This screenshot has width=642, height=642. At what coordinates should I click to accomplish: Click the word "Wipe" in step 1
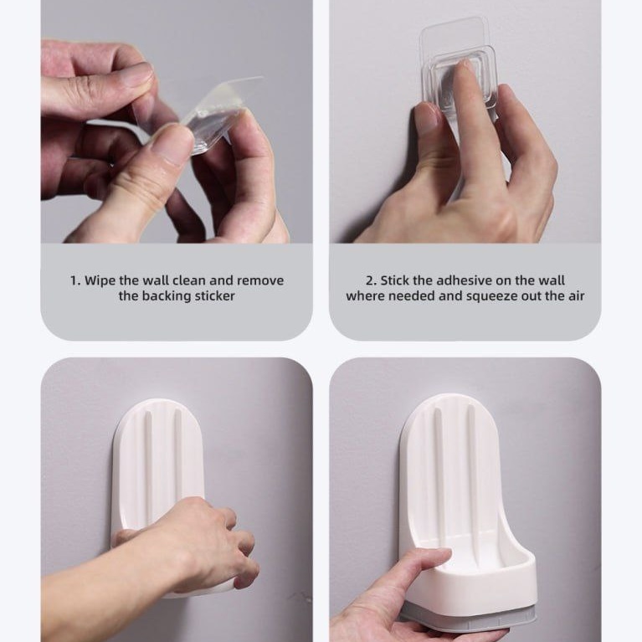click(x=100, y=281)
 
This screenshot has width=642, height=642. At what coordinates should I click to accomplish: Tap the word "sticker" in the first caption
click(x=214, y=296)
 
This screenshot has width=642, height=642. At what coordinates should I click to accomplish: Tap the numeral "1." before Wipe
click(x=75, y=281)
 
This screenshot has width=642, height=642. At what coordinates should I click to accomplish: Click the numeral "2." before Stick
click(x=371, y=281)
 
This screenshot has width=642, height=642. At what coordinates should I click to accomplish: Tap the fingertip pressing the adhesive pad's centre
click(x=463, y=67)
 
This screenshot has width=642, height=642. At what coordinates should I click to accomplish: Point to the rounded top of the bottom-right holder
click(x=449, y=405)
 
